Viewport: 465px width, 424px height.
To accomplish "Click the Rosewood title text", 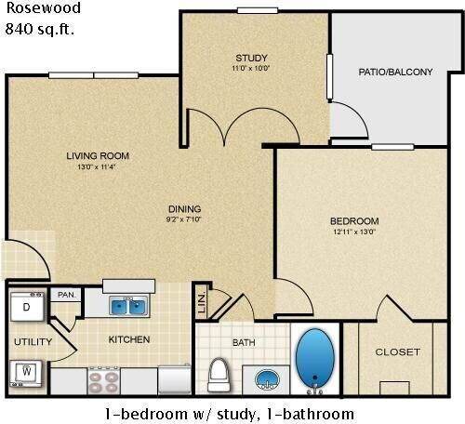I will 43,9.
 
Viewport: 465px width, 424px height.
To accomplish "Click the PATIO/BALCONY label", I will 395,72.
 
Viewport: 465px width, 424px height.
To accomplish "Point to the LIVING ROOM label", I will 97,155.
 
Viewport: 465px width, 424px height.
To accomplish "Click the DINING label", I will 184,208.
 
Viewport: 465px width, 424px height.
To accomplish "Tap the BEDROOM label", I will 354,220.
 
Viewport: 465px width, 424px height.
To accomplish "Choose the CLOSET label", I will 397,351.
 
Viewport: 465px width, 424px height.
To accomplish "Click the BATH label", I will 244,342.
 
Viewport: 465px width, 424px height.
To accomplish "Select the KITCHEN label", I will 129,339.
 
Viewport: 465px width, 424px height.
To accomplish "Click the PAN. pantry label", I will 66,295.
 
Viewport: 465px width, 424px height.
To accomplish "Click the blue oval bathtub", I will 316,361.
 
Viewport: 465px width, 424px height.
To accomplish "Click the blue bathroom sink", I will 265,379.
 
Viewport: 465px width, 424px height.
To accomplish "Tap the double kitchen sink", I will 128,305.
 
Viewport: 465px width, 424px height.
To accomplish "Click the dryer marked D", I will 26,306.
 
